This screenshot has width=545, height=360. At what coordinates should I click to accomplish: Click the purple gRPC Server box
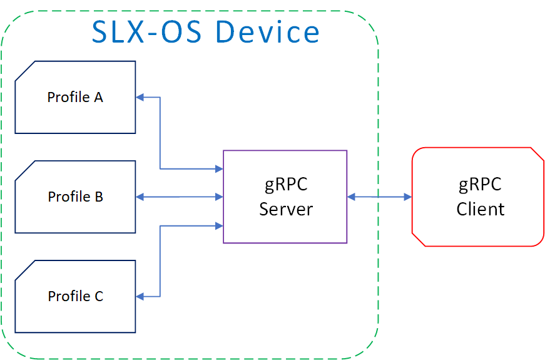pos(285,197)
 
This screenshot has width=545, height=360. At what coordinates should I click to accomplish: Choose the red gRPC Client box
pos(477,197)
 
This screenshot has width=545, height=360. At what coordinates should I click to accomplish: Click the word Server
pos(286,208)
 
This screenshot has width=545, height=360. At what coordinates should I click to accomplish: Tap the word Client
pos(481,208)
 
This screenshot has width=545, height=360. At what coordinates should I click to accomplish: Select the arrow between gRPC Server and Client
pos(379,197)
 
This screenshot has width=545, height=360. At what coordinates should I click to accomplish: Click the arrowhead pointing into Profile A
pos(140,97)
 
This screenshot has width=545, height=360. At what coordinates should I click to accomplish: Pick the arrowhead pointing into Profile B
pos(140,197)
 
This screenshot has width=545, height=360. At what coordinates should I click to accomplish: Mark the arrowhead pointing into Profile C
pos(140,296)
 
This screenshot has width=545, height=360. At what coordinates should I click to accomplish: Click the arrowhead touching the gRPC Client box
pos(407,197)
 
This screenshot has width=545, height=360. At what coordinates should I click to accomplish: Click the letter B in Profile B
pos(98,197)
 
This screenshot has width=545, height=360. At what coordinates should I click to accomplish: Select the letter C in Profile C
pos(98,296)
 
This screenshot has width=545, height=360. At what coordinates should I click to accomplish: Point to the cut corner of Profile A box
pos(24,70)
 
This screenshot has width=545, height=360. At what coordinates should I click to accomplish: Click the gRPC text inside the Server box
pos(286,185)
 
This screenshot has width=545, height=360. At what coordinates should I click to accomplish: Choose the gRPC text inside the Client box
pos(481,185)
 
